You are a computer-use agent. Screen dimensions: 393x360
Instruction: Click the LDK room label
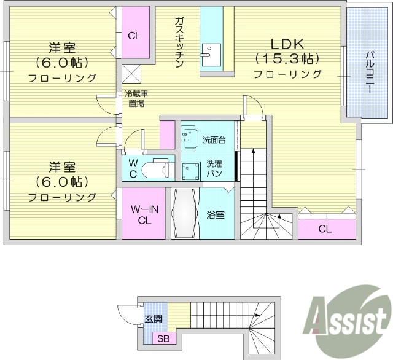pyautogui.click(x=287, y=44)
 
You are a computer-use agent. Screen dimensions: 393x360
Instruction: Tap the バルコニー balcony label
pyautogui.click(x=370, y=72)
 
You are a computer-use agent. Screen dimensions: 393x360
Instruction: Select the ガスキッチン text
pyautogui.click(x=179, y=42)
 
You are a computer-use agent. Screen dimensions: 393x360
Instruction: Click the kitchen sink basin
pyautogui.click(x=211, y=55)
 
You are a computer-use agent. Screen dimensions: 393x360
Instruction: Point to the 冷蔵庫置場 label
pyautogui.click(x=136, y=98)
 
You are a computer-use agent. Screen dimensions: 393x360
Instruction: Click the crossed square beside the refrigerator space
pyautogui.click(x=131, y=74)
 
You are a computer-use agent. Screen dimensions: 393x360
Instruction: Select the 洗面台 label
pyautogui.click(x=214, y=140)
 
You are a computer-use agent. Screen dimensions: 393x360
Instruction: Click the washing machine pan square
pyautogui.click(x=191, y=171)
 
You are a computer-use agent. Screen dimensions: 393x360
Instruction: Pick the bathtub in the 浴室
pyautogui.click(x=184, y=213)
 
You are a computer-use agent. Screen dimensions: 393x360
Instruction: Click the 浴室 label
pyautogui.click(x=216, y=215)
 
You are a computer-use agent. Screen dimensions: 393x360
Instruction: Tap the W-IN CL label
pyautogui.click(x=145, y=215)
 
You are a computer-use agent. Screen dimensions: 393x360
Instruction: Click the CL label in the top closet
pyautogui.click(x=134, y=36)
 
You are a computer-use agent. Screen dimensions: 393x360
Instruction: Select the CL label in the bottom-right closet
pyautogui.click(x=325, y=229)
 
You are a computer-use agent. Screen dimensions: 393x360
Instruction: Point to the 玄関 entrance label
pyautogui.click(x=154, y=319)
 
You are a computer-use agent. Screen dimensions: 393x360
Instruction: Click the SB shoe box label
pyautogui.click(x=163, y=338)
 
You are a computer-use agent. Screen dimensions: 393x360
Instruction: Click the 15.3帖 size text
pyautogui.click(x=287, y=59)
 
